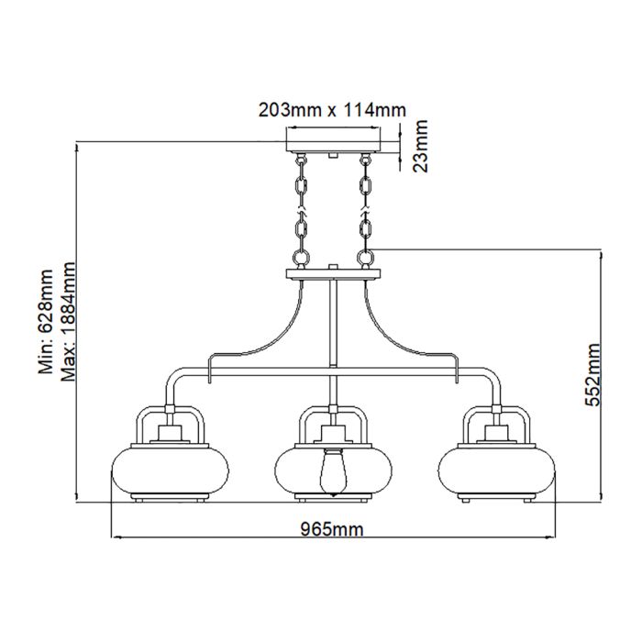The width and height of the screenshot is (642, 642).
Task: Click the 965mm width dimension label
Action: click(331, 528)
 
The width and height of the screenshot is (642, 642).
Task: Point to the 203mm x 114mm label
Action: click(331, 110)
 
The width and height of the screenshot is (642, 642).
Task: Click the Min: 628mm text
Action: click(47, 322)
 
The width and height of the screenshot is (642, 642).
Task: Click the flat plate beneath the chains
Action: click(333, 273)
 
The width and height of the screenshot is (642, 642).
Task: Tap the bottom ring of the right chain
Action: click(366, 258)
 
